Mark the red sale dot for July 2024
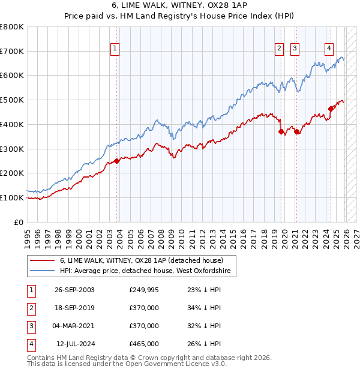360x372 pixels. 331,109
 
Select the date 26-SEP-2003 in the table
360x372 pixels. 74,290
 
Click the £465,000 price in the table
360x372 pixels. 144,344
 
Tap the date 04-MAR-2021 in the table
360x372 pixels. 74,326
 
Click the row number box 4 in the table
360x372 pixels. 31,344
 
